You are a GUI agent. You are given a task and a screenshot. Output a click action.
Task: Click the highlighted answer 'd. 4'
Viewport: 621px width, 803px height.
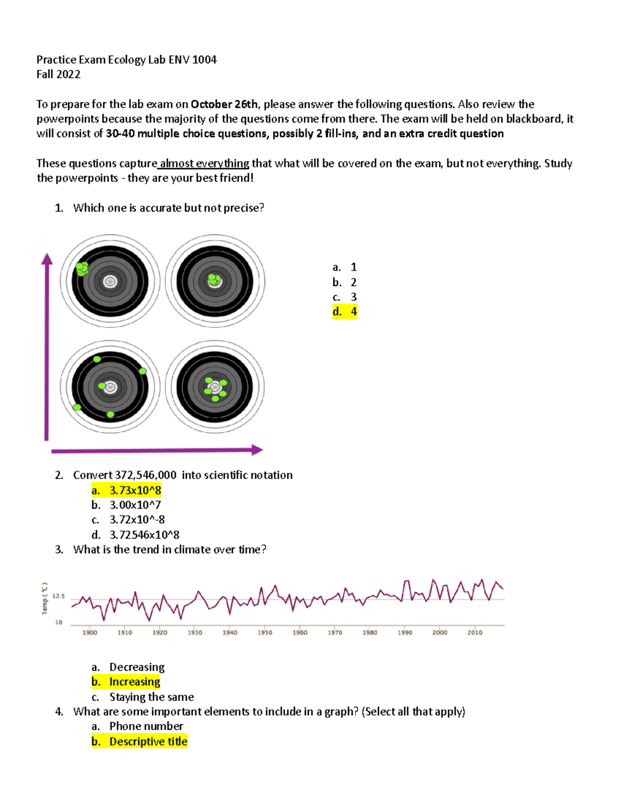coord(345,311)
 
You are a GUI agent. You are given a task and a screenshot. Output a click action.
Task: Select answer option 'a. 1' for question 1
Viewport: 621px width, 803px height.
coord(345,267)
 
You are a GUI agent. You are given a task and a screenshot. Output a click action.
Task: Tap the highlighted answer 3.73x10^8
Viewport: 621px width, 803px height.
coord(127,490)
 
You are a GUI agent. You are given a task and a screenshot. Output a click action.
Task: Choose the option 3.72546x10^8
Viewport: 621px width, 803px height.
coord(136,535)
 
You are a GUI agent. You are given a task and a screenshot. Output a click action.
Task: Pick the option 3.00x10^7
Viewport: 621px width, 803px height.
coord(127,505)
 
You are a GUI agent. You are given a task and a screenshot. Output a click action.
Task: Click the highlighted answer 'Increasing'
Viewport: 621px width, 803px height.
coord(126,681)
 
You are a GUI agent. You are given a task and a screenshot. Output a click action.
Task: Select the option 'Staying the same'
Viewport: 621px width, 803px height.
coord(143,696)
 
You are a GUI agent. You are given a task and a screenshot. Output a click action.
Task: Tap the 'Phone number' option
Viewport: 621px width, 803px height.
coord(138,726)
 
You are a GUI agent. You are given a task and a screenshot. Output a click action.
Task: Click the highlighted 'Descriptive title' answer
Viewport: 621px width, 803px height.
coord(139,741)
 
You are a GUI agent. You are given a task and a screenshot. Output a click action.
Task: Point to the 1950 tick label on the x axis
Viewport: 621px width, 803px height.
coord(265,632)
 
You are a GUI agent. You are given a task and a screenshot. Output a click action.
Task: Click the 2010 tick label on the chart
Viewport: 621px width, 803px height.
coord(475,632)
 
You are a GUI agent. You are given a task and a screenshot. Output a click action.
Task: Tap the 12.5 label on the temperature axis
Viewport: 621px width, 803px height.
coord(58,596)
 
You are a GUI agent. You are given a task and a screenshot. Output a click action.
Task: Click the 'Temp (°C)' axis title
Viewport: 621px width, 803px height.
coord(45,599)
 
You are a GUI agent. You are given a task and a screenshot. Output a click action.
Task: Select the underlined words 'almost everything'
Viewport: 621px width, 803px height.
coord(204,163)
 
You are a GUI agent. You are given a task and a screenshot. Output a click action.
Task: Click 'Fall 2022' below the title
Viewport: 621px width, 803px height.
coord(58,74)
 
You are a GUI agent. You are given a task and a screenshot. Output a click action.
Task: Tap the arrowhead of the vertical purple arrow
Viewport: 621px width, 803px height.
coord(47,259)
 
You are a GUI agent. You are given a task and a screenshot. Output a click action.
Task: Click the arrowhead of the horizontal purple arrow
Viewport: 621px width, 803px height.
coord(257,450)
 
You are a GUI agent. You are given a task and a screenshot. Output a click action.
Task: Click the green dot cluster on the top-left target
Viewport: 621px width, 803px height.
coord(82,268)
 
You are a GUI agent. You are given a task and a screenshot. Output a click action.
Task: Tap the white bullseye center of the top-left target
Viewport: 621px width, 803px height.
coord(110,282)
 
